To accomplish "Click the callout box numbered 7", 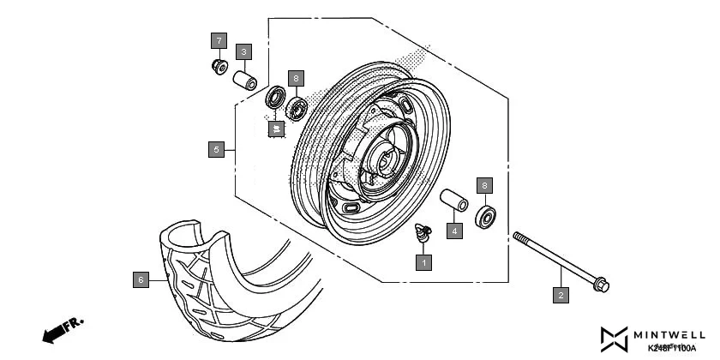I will pos(219,40).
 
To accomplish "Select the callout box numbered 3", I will pos(244,52).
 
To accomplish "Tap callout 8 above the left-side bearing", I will pos(296,78).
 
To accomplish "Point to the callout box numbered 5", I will pos(217,149).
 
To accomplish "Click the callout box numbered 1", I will pos(422,263).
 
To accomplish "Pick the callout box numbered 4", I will pos(455,231).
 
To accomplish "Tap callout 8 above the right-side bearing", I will pos(484,185).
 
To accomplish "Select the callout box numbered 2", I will pos(561,296).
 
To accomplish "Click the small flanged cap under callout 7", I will pos(219,66).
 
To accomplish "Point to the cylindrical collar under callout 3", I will pos(246,80).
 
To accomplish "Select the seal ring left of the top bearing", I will pos(276,97).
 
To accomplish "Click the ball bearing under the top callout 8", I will pos(297,108).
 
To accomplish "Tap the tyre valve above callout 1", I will pos(423,231).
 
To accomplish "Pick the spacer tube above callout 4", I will pos(453,198).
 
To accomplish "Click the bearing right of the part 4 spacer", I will pos(486,216).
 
